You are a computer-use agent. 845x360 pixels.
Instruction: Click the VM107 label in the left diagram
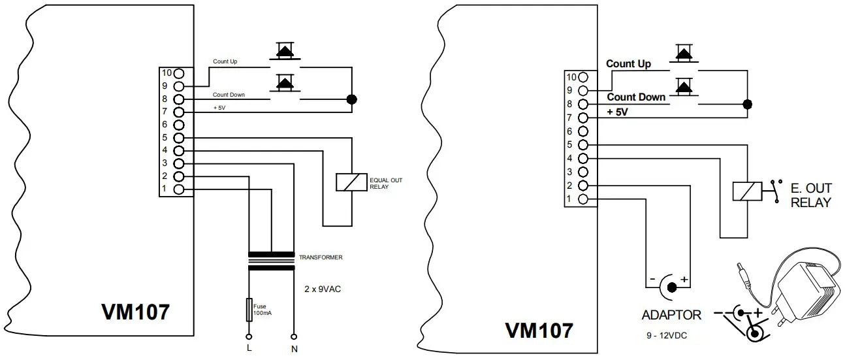pos(135,312)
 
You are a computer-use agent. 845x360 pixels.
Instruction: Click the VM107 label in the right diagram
pos(539,330)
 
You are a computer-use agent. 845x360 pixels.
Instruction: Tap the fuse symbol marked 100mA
pos(249,310)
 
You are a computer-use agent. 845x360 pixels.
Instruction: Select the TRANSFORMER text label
pos(321,257)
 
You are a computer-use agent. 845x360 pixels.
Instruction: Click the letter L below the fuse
pos(249,347)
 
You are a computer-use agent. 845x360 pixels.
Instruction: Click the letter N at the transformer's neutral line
pos(294,348)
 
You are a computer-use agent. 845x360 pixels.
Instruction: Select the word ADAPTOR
pos(671,315)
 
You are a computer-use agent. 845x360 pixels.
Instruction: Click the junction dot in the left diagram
pos(351,100)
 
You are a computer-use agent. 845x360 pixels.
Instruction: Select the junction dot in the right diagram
pos(748,105)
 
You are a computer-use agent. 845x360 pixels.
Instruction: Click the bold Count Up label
pos(628,64)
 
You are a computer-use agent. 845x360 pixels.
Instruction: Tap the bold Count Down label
pos(636,97)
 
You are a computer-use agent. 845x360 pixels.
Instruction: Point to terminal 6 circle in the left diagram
pos(180,125)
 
